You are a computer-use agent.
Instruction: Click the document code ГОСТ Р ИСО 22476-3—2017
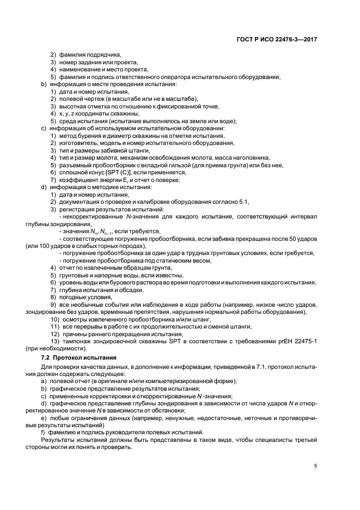pyautogui.click(x=278, y=39)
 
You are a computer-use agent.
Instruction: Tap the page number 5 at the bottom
pyautogui.click(x=316, y=466)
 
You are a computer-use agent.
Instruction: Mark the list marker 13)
pyautogui.click(x=54, y=341)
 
